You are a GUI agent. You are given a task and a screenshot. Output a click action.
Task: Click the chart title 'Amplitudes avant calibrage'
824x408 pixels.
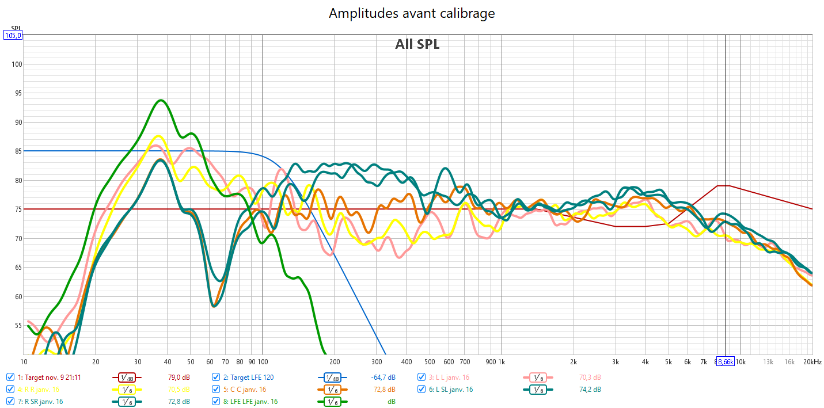(x=412, y=13)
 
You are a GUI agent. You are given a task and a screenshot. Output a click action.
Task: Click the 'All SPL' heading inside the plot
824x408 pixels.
(x=417, y=44)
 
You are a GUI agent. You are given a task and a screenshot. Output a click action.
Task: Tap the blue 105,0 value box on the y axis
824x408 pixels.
(x=13, y=36)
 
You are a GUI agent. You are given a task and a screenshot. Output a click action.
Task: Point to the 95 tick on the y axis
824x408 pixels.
(x=17, y=93)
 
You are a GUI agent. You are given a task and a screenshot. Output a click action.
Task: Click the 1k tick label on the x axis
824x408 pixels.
(x=501, y=362)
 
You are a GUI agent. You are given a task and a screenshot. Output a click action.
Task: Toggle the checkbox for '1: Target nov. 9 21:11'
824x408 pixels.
(x=10, y=378)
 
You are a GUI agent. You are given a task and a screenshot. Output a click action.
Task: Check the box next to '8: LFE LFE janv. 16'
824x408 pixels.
(x=216, y=401)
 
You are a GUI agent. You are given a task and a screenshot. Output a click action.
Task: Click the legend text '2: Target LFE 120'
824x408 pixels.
(x=248, y=378)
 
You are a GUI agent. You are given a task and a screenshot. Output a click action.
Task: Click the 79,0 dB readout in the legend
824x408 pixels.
(x=179, y=378)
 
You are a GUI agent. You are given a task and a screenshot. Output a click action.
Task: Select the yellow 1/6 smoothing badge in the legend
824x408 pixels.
(x=126, y=390)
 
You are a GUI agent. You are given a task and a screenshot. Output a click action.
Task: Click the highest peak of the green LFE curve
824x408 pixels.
(x=161, y=100)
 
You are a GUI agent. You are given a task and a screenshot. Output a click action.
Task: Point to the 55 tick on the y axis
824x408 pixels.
(x=17, y=326)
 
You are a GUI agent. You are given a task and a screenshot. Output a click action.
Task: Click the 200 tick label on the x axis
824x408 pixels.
(x=334, y=362)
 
